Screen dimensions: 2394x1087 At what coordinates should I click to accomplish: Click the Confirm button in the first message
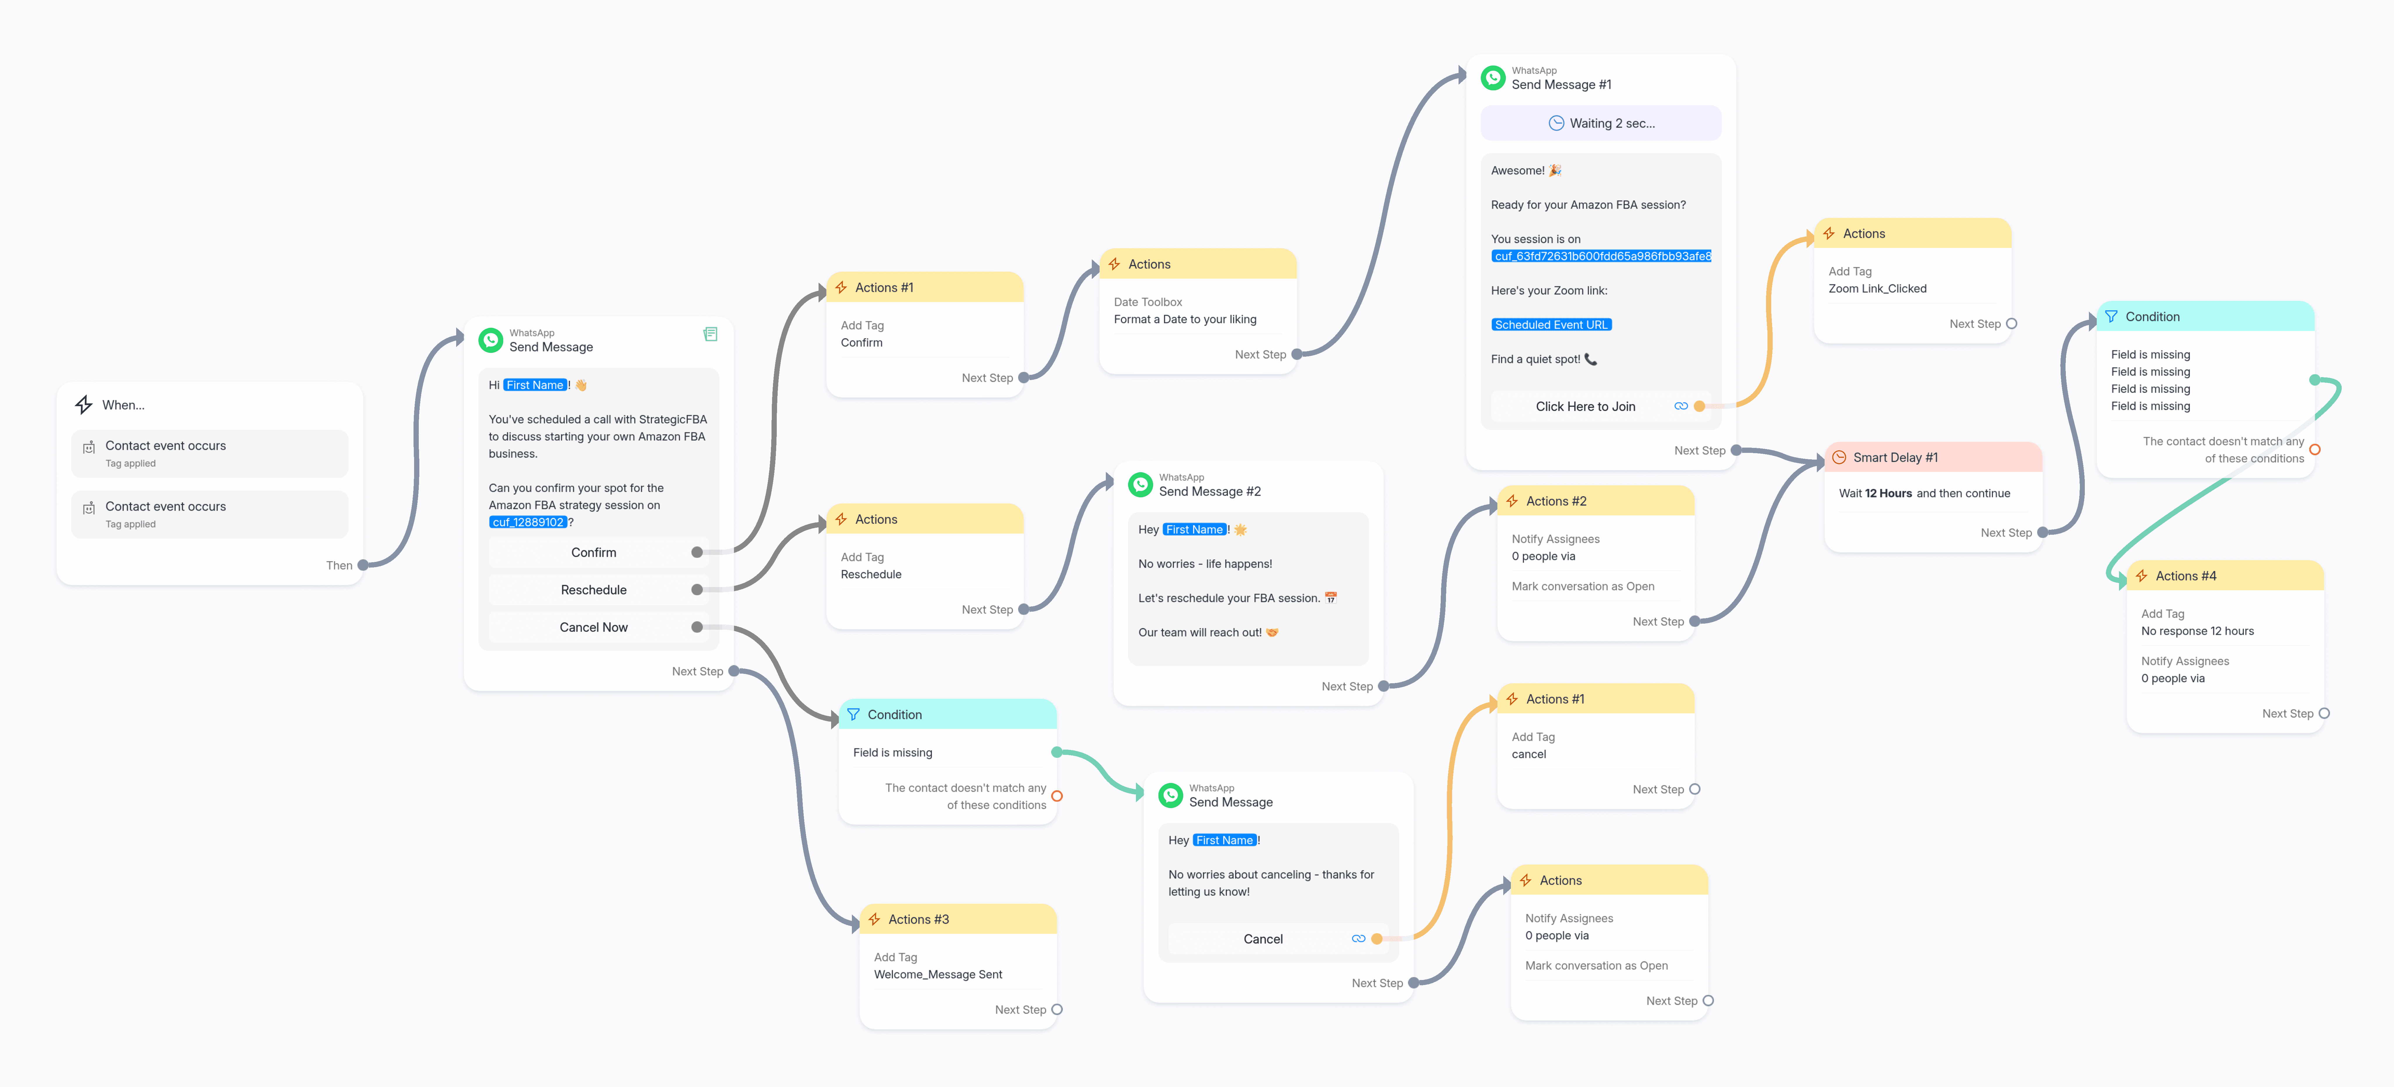coord(594,552)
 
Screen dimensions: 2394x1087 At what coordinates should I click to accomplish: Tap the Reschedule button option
coord(594,589)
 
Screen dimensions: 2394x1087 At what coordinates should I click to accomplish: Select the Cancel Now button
coord(594,627)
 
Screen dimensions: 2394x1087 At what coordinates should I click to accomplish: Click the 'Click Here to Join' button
coord(1585,406)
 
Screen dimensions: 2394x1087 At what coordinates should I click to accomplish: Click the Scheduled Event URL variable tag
coord(1551,325)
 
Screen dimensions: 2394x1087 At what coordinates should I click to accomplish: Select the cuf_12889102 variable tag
coord(528,522)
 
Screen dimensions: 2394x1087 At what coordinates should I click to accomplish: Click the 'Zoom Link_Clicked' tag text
coord(1877,288)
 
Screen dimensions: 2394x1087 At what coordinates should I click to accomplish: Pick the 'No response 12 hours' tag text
coord(2197,630)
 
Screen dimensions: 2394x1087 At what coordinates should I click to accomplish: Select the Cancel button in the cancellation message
coord(1263,939)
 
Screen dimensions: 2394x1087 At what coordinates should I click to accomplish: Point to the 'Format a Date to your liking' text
coord(1185,319)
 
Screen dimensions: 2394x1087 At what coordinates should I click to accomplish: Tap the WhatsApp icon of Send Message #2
coord(1140,484)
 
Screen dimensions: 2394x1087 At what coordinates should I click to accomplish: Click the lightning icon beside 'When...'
coord(84,405)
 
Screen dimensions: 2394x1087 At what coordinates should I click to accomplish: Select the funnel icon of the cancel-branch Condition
coord(853,714)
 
